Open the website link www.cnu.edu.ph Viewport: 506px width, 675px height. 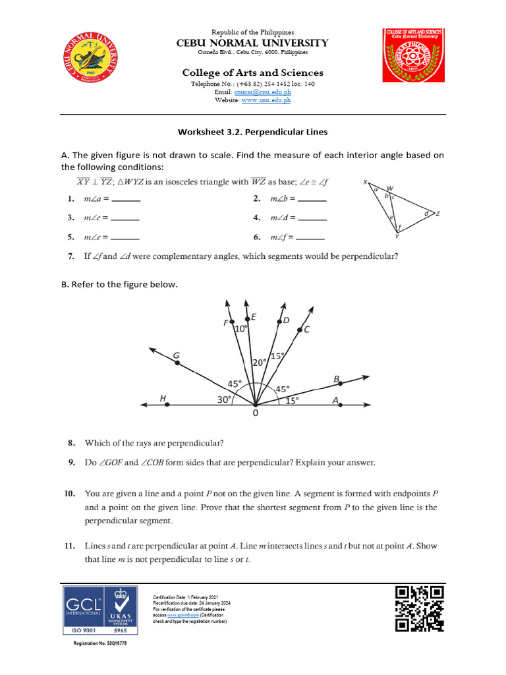(266, 100)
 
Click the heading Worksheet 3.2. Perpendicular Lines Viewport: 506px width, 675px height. (252, 132)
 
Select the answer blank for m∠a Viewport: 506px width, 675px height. (126, 199)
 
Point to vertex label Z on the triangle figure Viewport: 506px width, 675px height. (437, 214)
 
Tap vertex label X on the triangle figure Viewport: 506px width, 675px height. (365, 183)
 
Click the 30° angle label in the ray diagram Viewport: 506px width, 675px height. (225, 399)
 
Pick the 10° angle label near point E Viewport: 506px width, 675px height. (240, 328)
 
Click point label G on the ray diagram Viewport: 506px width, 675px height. (177, 356)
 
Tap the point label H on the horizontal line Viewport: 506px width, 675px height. (163, 397)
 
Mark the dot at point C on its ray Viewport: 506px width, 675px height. (300, 330)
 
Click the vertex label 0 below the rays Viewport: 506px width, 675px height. (255, 414)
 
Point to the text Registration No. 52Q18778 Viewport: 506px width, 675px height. (99, 643)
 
